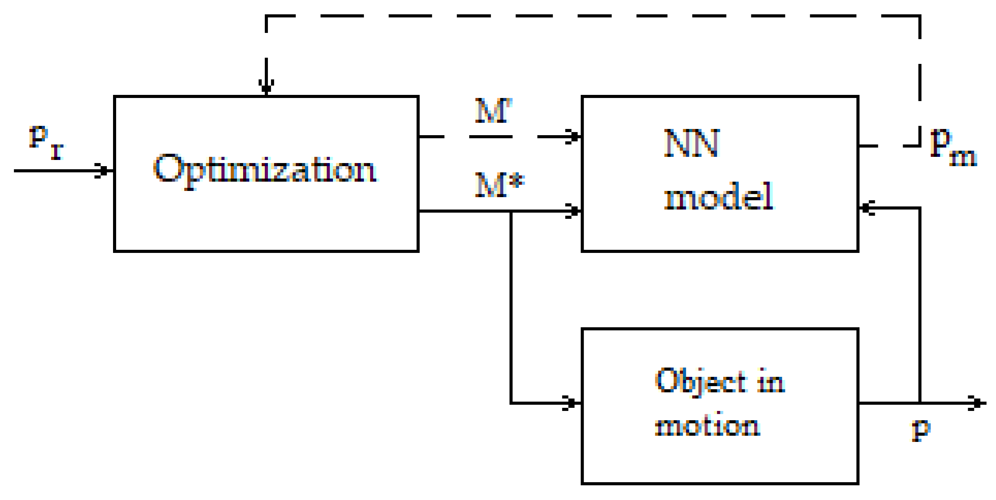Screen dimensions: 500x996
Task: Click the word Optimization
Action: (x=265, y=170)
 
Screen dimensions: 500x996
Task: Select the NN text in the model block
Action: (x=691, y=143)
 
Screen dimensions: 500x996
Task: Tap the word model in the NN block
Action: (x=718, y=197)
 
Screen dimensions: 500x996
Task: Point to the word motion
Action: (x=708, y=426)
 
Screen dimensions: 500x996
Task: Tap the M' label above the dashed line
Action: (x=493, y=111)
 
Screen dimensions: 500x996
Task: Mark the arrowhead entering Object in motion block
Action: (x=571, y=403)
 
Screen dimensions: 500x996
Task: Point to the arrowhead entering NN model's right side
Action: (x=867, y=208)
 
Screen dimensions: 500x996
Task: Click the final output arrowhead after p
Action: (x=976, y=403)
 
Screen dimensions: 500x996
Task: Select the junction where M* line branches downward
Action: (x=511, y=211)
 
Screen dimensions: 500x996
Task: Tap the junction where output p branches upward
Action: (x=920, y=403)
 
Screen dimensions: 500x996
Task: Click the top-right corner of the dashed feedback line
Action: (x=920, y=16)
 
